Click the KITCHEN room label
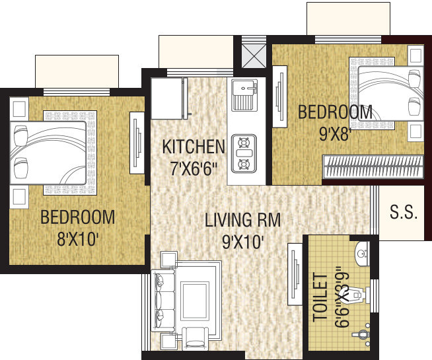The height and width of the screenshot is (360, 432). click(x=194, y=146)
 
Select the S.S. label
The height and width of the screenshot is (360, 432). click(x=403, y=213)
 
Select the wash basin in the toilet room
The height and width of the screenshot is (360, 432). click(x=361, y=251)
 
